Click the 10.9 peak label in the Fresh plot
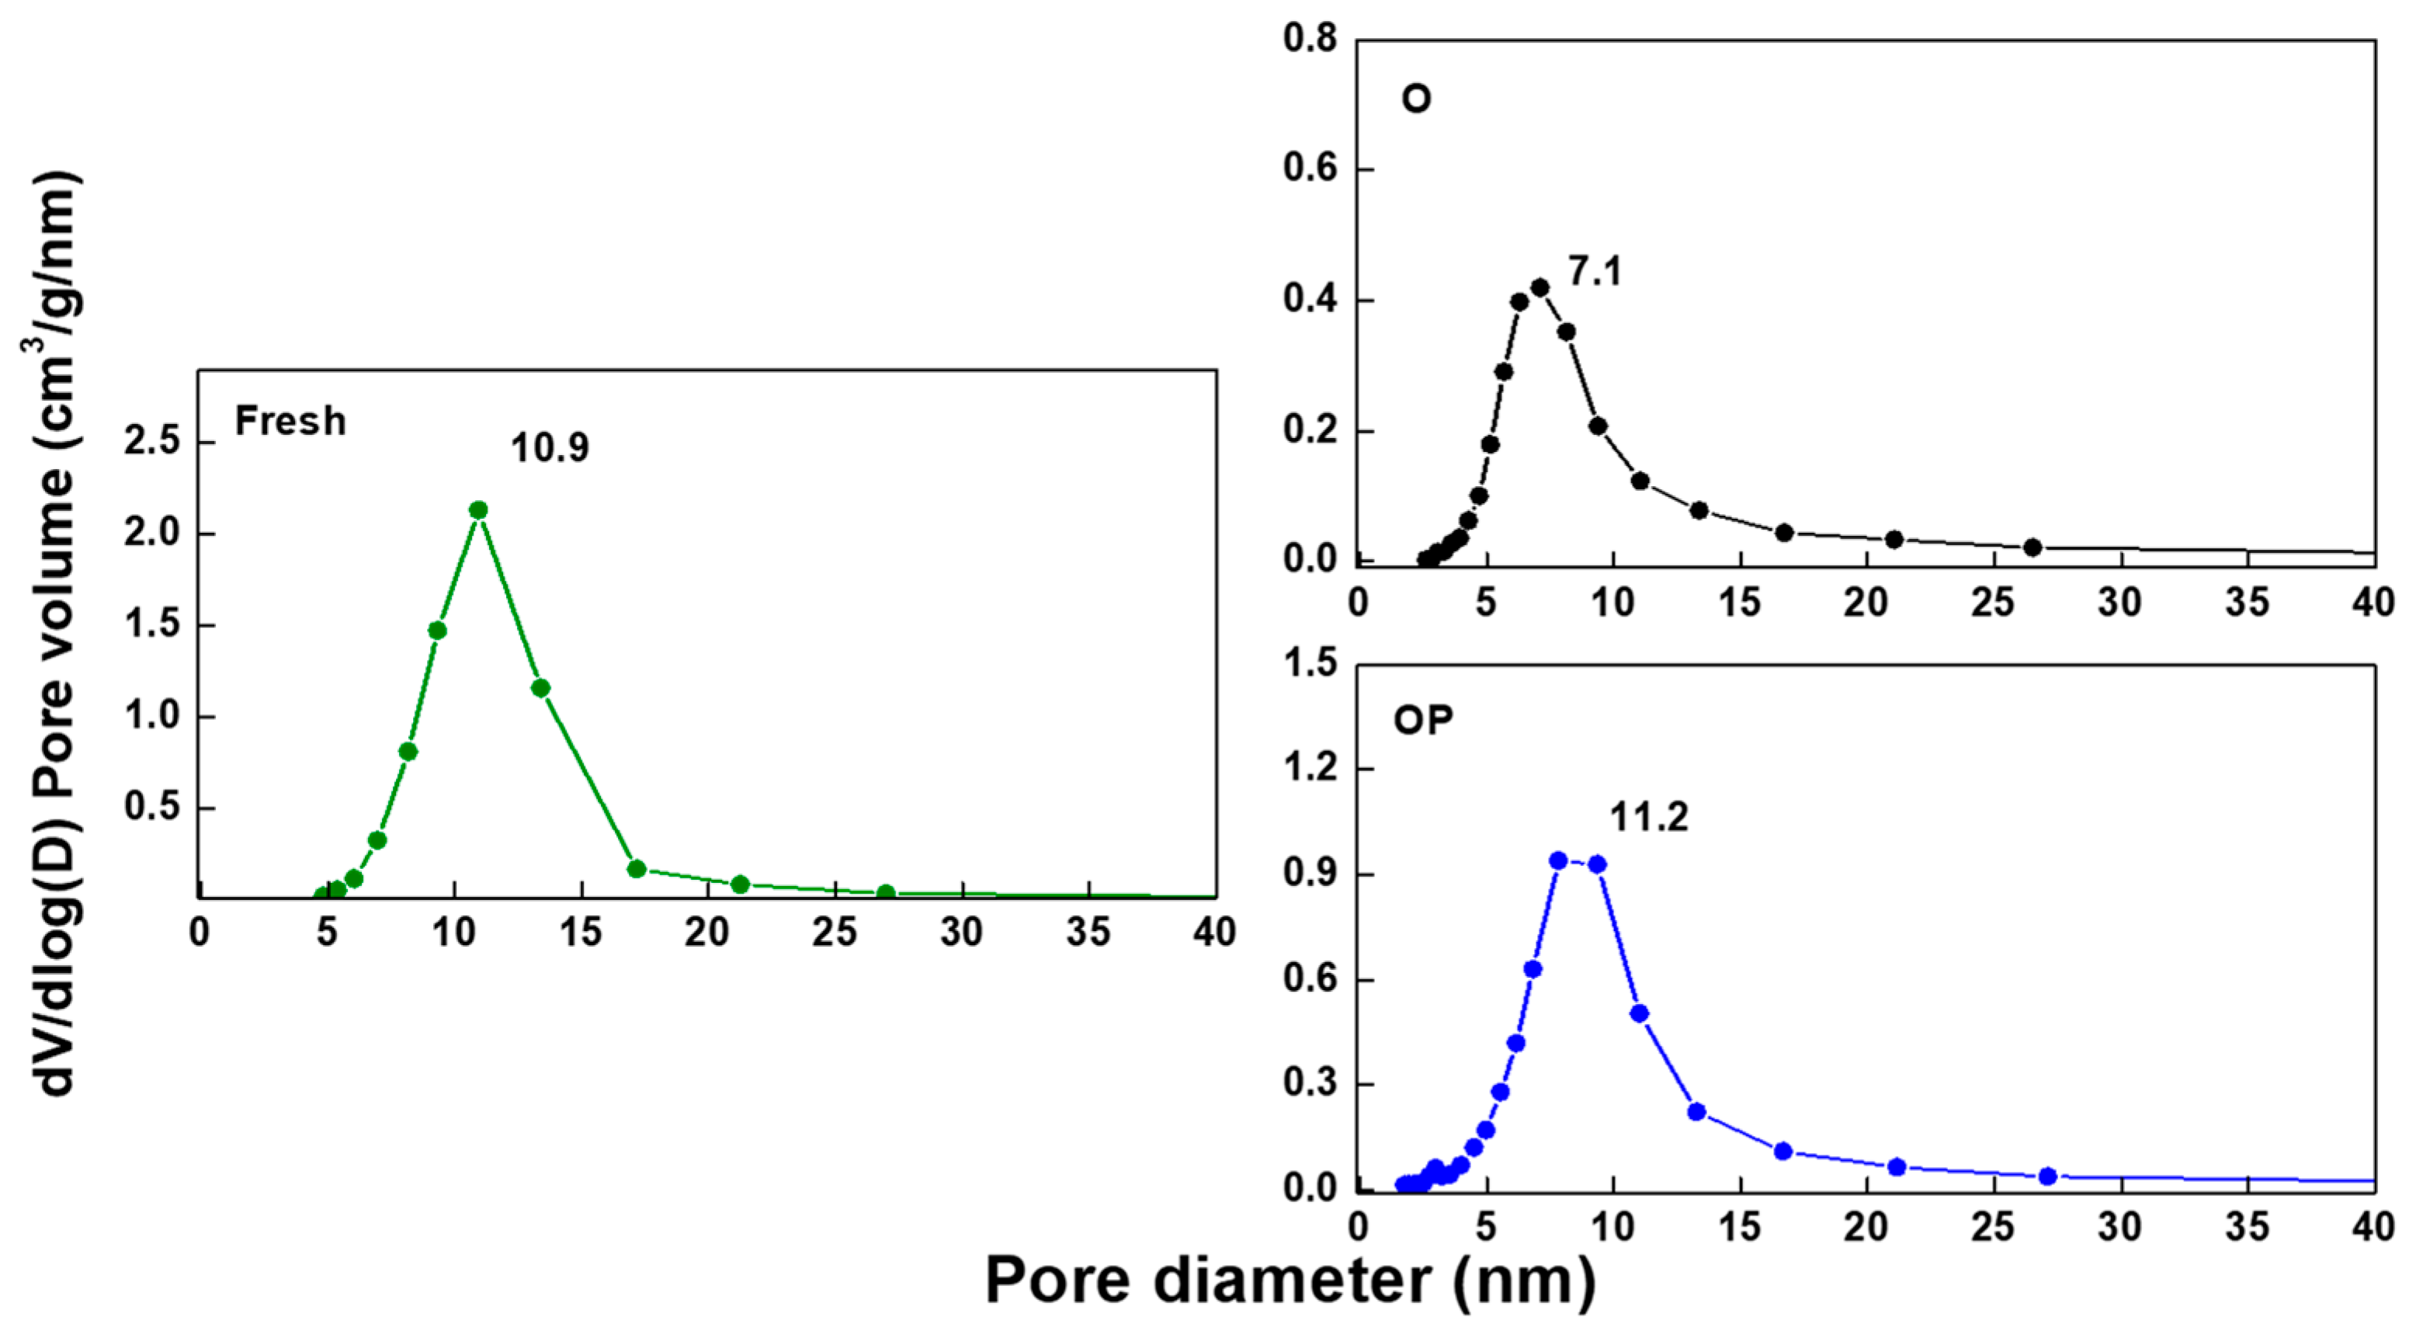point(550,447)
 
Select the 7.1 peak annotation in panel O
point(1595,272)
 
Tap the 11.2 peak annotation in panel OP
point(1649,818)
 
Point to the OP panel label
point(1423,721)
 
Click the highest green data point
point(478,510)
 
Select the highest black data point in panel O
point(1540,287)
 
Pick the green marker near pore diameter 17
point(637,869)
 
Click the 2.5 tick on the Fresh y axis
point(152,441)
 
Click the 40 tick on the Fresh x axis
point(1214,933)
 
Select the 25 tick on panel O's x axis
point(1993,602)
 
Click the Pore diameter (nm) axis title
point(1290,1281)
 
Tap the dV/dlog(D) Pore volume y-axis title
point(54,633)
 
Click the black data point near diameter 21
point(1894,540)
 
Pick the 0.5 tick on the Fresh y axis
point(152,807)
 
